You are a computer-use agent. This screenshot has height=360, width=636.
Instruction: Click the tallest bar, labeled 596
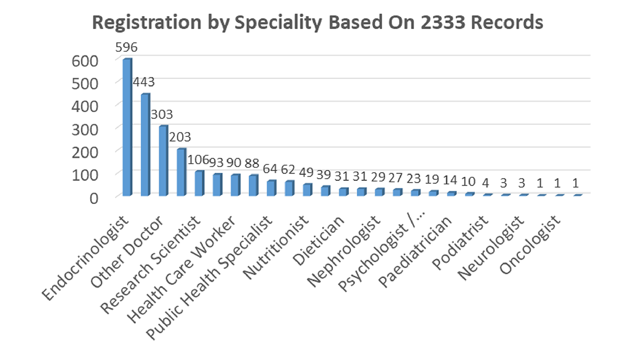(x=127, y=127)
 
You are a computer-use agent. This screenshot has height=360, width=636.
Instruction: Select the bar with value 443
(x=145, y=144)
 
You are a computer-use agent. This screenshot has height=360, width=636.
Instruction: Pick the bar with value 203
(x=181, y=172)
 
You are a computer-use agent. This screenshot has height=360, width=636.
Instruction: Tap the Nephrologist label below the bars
(x=343, y=250)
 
